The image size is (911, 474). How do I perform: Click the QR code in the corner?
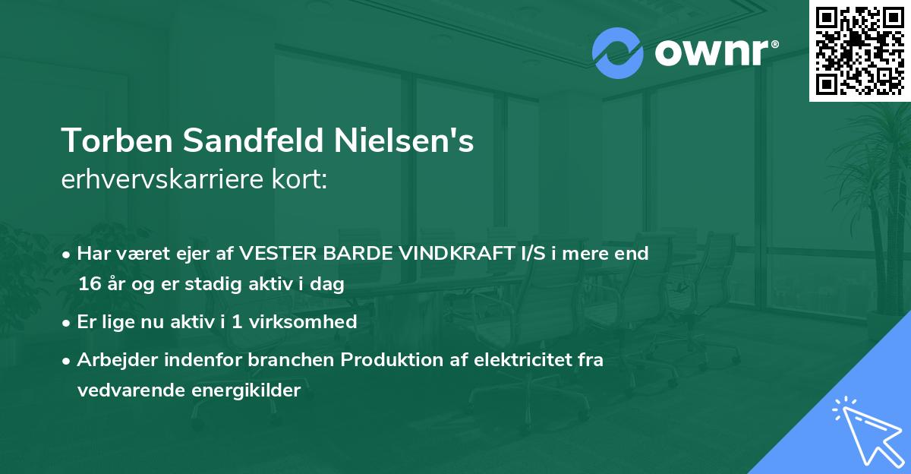pyautogui.click(x=860, y=50)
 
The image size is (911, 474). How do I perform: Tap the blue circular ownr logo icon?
pyautogui.click(x=617, y=53)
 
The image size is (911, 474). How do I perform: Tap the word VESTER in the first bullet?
pyautogui.click(x=276, y=254)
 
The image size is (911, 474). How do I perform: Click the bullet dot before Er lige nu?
pyautogui.click(x=68, y=322)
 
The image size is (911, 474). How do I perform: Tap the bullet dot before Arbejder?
pyautogui.click(x=68, y=361)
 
